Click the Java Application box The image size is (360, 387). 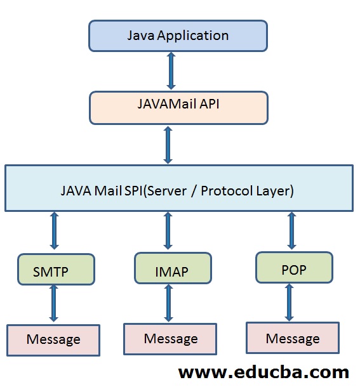click(178, 36)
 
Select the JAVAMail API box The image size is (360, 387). click(178, 108)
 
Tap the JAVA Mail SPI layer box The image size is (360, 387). click(179, 188)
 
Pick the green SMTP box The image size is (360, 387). click(56, 269)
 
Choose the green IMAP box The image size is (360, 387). click(173, 268)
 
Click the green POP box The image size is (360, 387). click(294, 267)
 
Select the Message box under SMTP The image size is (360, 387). click(53, 340)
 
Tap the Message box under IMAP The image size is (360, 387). click(170, 339)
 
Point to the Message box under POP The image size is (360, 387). click(293, 338)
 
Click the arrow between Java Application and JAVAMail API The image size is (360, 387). click(171, 71)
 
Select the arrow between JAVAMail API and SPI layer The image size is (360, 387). click(168, 145)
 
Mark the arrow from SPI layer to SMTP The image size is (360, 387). click(55, 231)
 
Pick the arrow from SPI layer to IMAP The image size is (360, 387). click(168, 231)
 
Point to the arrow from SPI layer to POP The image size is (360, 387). click(292, 231)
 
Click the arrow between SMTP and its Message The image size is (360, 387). click(53, 303)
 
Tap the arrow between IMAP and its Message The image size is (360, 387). click(168, 303)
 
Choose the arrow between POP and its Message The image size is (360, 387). click(290, 303)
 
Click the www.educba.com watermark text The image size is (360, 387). click(263, 372)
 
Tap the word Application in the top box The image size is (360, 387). click(193, 36)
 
